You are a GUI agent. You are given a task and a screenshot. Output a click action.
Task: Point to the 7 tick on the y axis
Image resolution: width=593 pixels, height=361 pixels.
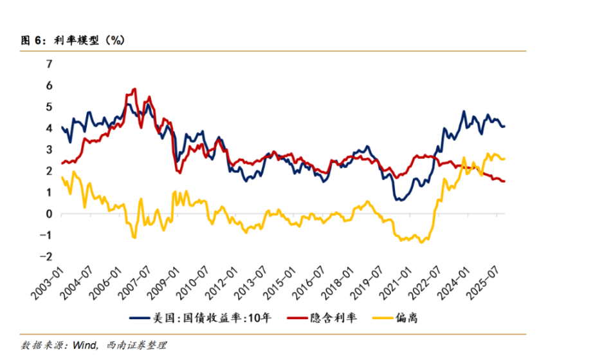tap(48, 64)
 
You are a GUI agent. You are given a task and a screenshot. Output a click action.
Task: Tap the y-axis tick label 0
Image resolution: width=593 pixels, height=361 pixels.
tap(48, 214)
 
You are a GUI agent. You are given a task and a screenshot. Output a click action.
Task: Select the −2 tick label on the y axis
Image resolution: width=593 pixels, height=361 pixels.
tap(46, 256)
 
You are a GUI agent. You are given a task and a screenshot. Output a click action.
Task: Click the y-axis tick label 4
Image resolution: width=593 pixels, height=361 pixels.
tap(48, 128)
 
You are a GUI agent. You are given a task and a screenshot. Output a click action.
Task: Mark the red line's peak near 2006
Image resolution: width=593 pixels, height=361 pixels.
tap(134, 89)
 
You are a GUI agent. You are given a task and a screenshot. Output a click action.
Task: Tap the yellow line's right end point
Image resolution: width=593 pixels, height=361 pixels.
tap(505, 158)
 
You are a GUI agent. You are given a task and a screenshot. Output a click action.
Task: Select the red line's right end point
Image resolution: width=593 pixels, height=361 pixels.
tap(505, 181)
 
